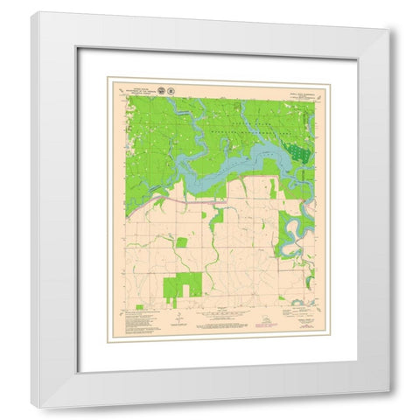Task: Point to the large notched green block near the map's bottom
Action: [x=183, y=285]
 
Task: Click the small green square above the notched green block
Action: [x=181, y=241]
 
